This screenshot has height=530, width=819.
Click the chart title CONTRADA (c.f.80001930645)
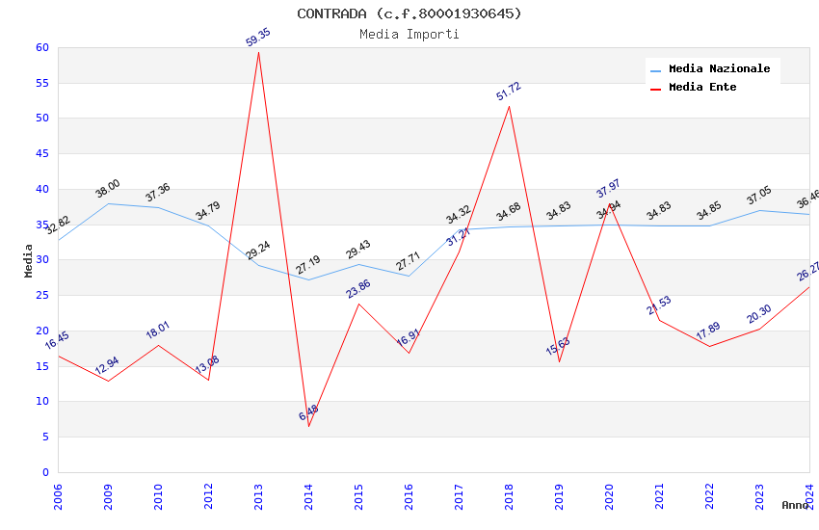coord(409,13)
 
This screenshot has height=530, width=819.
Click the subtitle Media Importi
coord(409,34)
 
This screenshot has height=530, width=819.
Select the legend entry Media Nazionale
coord(719,69)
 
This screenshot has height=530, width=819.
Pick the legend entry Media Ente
coord(702,88)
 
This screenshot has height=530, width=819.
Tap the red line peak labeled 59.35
coord(258,52)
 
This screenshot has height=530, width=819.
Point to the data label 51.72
coord(509,92)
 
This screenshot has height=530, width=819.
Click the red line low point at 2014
coord(308,427)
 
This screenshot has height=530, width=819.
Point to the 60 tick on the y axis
coord(41,47)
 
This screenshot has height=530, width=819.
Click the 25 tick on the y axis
coord(41,295)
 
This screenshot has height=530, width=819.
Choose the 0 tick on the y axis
coord(44,472)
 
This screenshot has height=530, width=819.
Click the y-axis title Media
coord(29,260)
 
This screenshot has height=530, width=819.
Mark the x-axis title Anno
coord(795,505)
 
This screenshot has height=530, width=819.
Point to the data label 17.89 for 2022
coord(709,331)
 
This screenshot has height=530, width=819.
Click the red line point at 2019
coord(559,361)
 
